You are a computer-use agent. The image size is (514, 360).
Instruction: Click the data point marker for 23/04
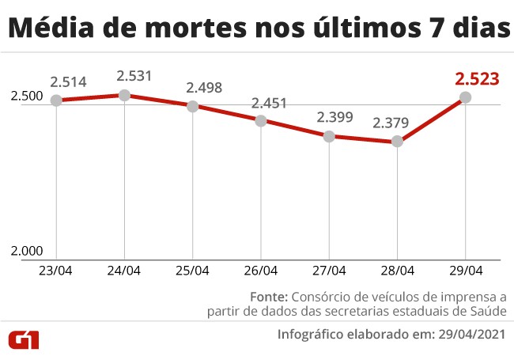click(x=56, y=100)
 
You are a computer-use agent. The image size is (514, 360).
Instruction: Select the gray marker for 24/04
click(x=124, y=95)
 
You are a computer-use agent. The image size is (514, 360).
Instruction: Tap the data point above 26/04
click(x=261, y=120)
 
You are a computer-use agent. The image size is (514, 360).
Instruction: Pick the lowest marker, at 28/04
click(x=397, y=142)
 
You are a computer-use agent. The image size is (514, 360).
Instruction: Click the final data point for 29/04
click(x=465, y=97)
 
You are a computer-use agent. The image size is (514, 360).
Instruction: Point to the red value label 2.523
click(x=477, y=79)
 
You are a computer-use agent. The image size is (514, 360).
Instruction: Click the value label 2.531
click(x=134, y=76)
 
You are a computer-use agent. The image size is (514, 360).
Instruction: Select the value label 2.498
click(x=203, y=88)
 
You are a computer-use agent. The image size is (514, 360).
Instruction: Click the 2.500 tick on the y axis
click(x=26, y=96)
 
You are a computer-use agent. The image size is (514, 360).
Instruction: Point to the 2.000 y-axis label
click(x=26, y=251)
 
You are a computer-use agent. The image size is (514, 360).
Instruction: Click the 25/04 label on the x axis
click(x=193, y=271)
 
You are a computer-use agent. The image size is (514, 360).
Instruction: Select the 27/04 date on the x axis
click(x=329, y=271)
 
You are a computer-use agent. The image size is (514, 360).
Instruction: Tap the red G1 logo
click(x=25, y=339)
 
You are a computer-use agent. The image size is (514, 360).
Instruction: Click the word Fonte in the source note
click(x=267, y=297)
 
